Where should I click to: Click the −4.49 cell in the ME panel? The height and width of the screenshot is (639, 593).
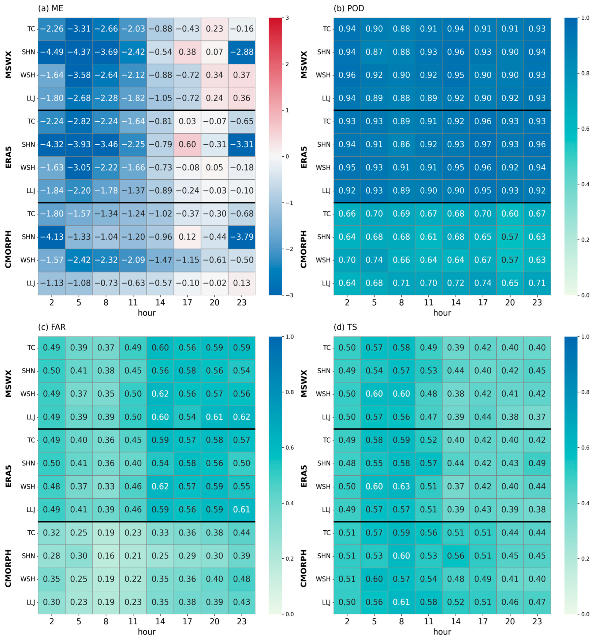[51, 52]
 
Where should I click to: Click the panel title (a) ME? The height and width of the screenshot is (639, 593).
[50, 8]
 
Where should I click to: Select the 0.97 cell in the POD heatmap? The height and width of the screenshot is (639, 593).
[483, 144]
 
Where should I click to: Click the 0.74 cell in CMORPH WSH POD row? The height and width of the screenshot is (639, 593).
[374, 260]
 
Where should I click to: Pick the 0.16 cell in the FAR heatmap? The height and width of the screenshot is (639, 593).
[106, 556]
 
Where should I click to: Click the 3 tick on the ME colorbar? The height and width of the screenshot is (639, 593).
[287, 18]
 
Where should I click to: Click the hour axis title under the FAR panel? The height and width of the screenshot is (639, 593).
[147, 632]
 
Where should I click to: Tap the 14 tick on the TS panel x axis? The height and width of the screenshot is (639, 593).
[456, 621]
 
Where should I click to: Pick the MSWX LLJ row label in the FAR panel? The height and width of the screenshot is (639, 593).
[30, 417]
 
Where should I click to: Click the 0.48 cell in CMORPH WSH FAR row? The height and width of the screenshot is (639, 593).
[242, 579]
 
